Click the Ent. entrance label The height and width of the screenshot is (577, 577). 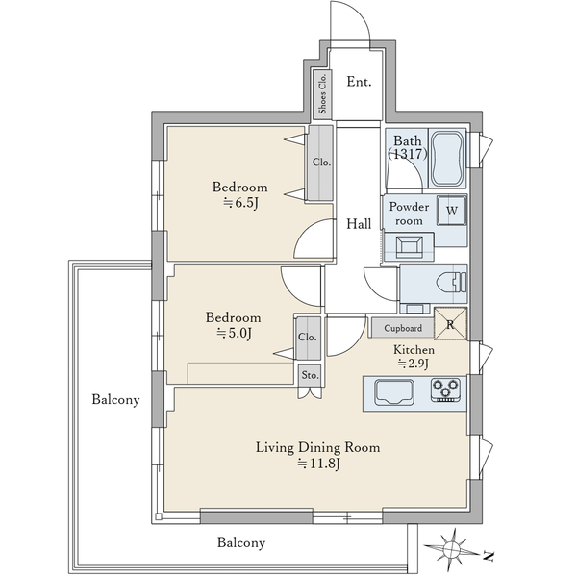pyautogui.click(x=359, y=82)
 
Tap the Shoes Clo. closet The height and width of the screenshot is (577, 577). pyautogui.click(x=323, y=94)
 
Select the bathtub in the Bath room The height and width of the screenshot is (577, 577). pyautogui.click(x=448, y=159)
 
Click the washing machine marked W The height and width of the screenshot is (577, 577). pyautogui.click(x=452, y=211)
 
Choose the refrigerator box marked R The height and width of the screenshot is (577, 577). pyautogui.click(x=450, y=324)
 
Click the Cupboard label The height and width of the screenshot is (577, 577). pyautogui.click(x=403, y=328)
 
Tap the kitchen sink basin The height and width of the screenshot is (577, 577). pyautogui.click(x=393, y=392)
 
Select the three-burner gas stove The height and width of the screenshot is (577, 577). pyautogui.click(x=445, y=390)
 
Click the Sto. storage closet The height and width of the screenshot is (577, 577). pyautogui.click(x=310, y=375)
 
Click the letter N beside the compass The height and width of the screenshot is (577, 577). pyautogui.click(x=488, y=556)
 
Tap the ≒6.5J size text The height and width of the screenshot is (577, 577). pyautogui.click(x=240, y=202)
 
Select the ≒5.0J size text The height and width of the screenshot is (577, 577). pyautogui.click(x=234, y=333)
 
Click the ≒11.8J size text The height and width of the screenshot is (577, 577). pyautogui.click(x=318, y=464)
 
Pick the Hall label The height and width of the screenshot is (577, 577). pyautogui.click(x=359, y=224)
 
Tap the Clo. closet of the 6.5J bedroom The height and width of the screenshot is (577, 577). pyautogui.click(x=320, y=163)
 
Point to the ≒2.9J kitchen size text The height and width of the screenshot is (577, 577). pyautogui.click(x=414, y=364)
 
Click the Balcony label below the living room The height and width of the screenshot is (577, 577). pyautogui.click(x=241, y=542)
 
